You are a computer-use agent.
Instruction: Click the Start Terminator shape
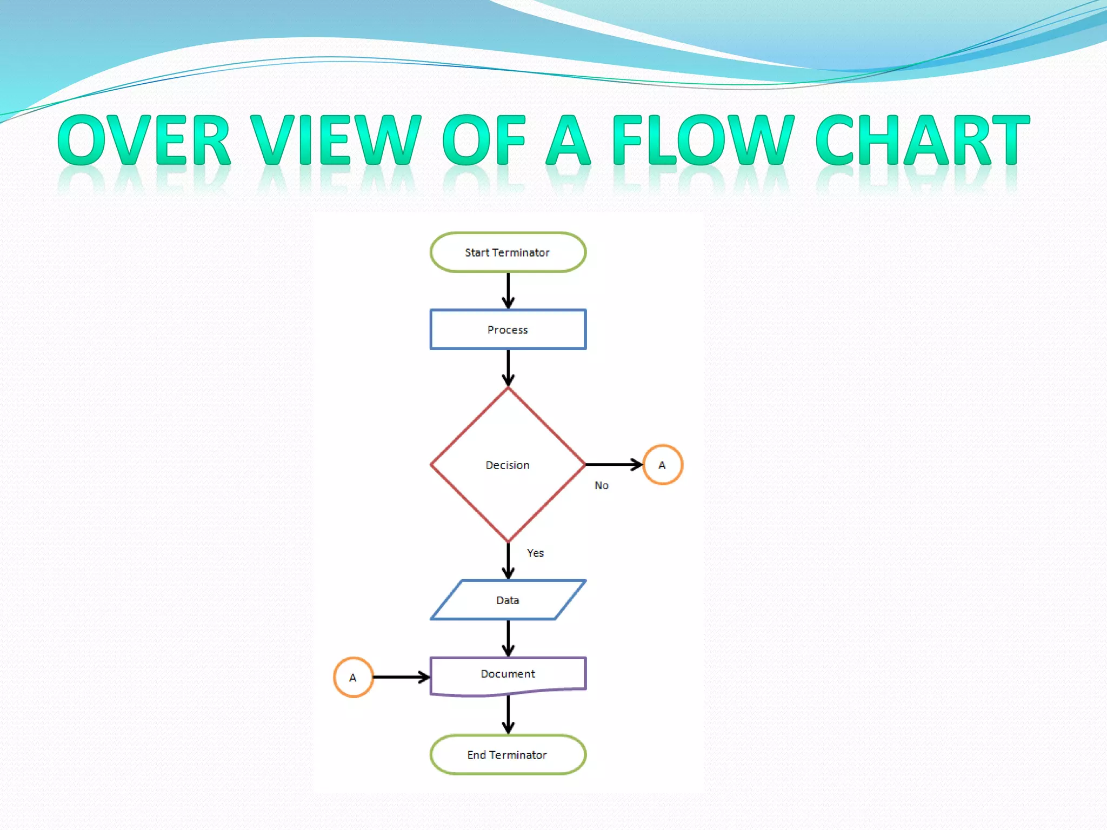(508, 252)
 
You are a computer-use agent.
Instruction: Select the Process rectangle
(508, 330)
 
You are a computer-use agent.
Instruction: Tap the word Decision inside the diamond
(507, 465)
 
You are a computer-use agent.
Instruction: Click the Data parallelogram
(508, 600)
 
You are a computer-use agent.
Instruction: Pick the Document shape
(508, 674)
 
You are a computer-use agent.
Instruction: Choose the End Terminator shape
(508, 754)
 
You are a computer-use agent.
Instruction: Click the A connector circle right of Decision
(663, 465)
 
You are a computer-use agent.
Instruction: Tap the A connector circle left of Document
(353, 677)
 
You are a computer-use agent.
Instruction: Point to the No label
(601, 485)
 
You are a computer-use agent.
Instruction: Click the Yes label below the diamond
(535, 553)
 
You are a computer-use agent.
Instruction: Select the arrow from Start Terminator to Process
(508, 291)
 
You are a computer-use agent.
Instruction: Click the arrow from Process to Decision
(508, 367)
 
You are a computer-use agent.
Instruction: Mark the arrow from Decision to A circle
(613, 464)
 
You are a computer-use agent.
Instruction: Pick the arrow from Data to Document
(508, 638)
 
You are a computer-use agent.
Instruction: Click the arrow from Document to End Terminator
(508, 714)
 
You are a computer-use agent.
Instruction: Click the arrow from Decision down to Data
(508, 561)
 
